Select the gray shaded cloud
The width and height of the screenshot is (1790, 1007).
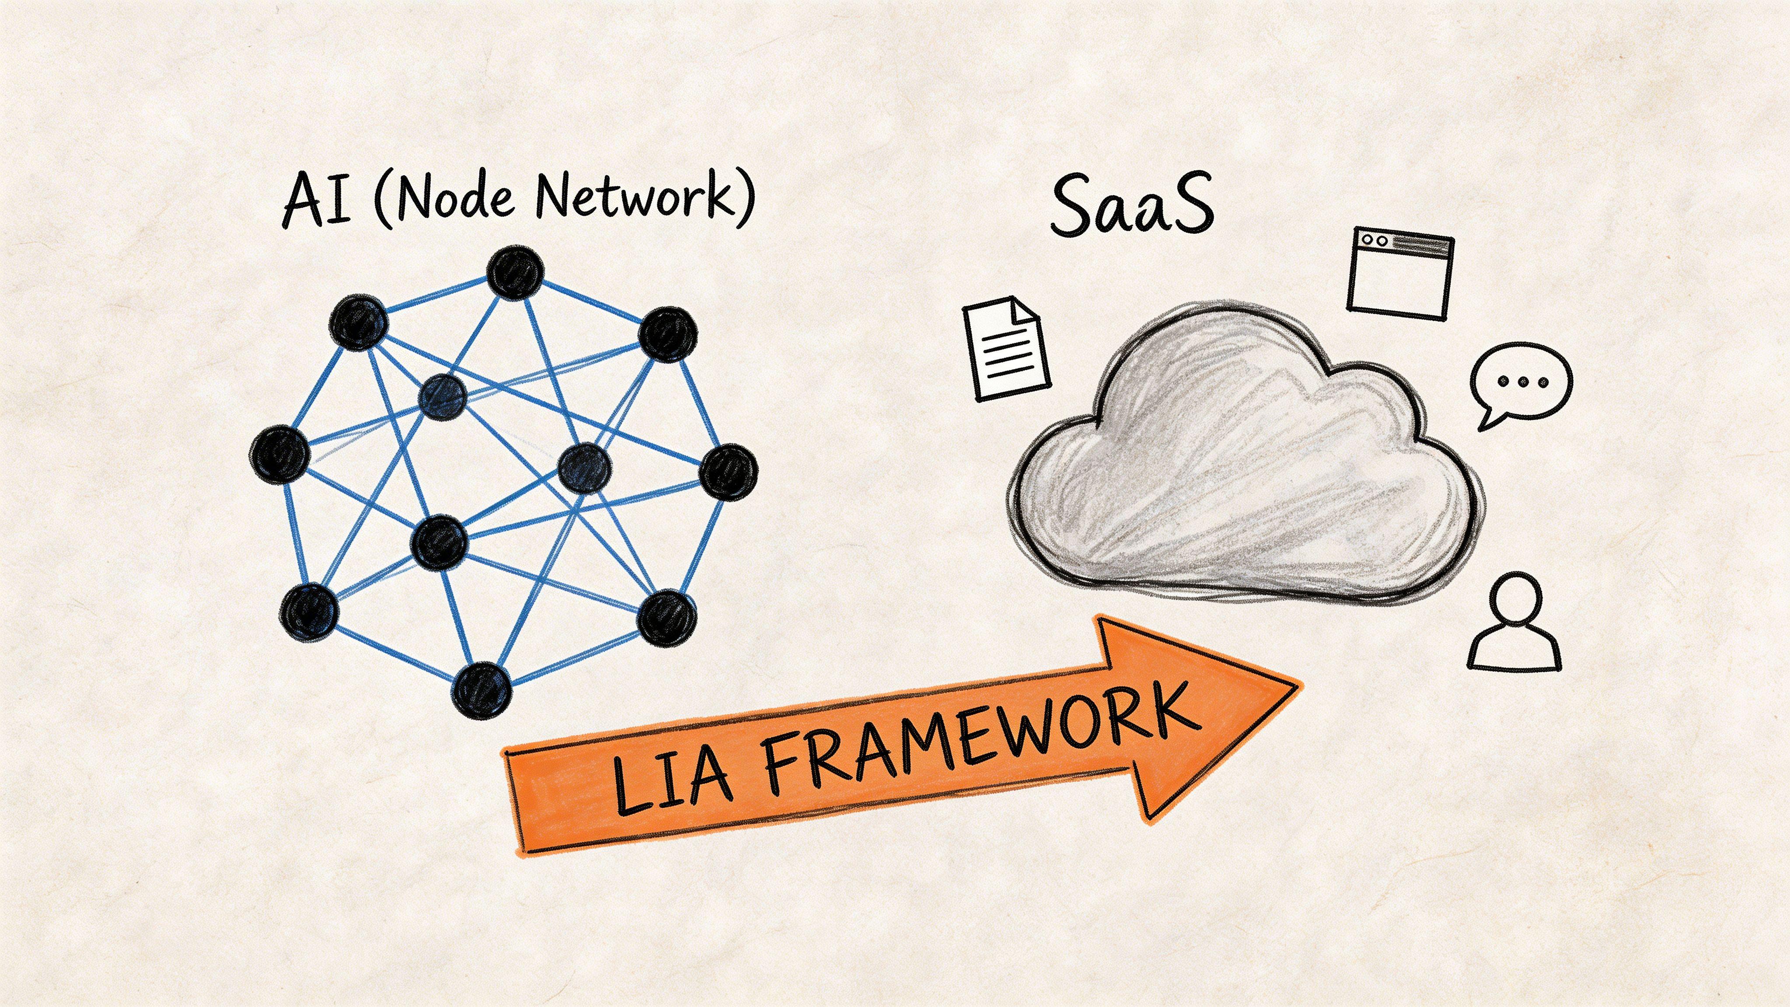(1244, 465)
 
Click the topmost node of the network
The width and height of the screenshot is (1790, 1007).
(514, 272)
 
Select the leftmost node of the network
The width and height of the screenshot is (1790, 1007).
(279, 455)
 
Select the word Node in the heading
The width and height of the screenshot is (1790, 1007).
(455, 198)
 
